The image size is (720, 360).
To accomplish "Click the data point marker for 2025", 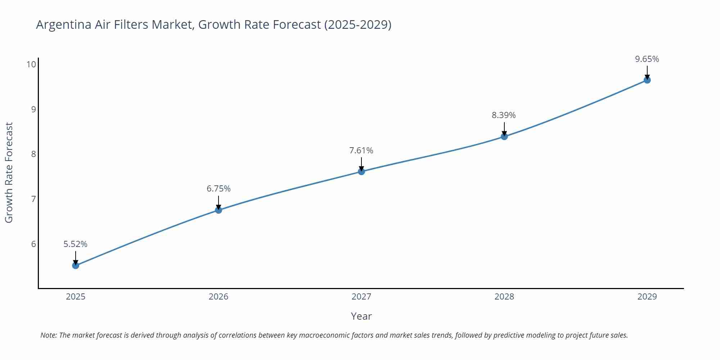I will coord(76,265).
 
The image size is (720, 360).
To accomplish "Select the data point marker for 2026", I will coord(219,210).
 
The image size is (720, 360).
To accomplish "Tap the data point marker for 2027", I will coord(361,171).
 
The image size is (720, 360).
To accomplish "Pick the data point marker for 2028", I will coord(504,136).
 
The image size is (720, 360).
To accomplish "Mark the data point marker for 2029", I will coord(647,80).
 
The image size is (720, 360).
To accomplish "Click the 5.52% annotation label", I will coord(76,244).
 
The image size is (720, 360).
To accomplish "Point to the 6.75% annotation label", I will coord(219,189).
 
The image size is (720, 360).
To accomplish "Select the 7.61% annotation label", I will coord(361,150).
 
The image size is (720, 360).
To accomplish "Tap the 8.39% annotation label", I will coord(504,115).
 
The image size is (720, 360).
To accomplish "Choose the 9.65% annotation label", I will coord(647,59).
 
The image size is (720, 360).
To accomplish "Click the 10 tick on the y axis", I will coord(31,64).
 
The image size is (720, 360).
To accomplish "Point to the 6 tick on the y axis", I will coord(33,244).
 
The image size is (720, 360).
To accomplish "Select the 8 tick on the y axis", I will coord(33,154).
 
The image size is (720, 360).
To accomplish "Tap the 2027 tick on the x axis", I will coord(361,297).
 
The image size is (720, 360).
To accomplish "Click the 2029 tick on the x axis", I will coord(647,297).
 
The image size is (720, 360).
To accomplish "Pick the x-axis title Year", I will coord(361,316).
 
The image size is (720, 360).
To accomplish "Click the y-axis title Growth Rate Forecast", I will coord(9,172).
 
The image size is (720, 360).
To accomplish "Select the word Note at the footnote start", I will coord(48,335).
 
